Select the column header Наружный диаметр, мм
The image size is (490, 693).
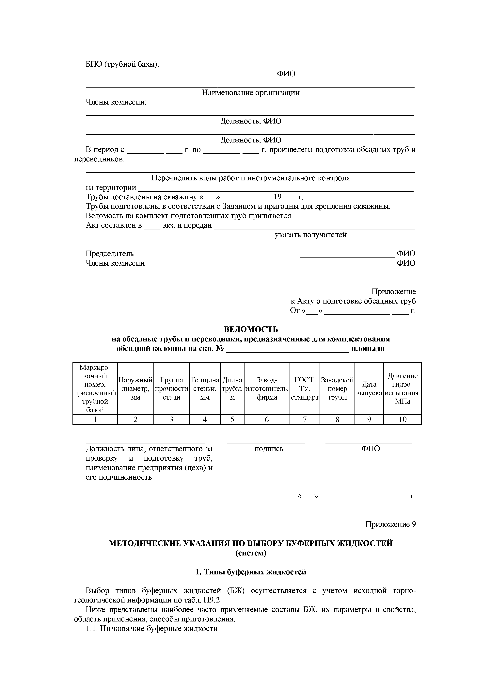[135, 388]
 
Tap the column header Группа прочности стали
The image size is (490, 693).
[171, 388]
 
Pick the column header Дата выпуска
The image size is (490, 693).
[369, 388]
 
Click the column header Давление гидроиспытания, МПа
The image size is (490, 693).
[403, 388]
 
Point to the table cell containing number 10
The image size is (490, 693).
[403, 419]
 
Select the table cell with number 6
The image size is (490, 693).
[267, 419]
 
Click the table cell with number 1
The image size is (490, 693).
[95, 419]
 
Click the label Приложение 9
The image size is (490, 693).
[390, 524]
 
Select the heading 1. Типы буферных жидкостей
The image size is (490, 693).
[251, 572]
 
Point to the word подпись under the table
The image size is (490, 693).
[269, 449]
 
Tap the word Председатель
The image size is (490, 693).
[110, 254]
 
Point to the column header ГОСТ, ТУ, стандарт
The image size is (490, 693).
[305, 388]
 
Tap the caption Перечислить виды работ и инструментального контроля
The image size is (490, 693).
[250, 178]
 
